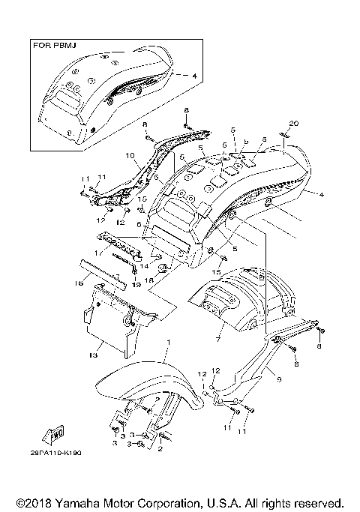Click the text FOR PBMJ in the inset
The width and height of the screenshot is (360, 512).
52,45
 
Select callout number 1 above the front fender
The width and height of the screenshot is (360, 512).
169,342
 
